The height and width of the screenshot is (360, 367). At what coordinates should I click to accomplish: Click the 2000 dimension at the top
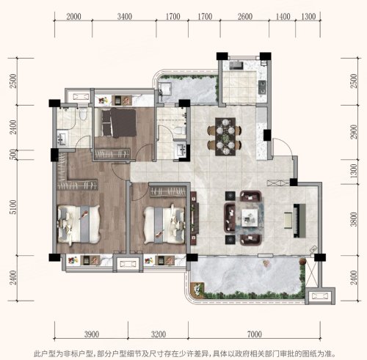(73, 17)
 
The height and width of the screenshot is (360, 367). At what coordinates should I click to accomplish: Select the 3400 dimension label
(125, 17)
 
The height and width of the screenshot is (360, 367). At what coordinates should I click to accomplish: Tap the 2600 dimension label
(245, 17)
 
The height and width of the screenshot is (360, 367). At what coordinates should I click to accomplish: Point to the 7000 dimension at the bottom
(255, 334)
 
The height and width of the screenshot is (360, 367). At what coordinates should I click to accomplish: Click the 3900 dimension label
(92, 334)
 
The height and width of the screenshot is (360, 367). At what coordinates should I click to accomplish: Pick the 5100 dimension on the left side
(13, 207)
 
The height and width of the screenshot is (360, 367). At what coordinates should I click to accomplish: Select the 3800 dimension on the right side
(354, 219)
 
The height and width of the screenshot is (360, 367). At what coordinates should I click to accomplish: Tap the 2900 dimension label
(354, 132)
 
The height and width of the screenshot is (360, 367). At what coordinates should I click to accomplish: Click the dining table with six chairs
(225, 136)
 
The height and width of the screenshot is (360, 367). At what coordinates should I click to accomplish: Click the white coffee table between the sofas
(250, 218)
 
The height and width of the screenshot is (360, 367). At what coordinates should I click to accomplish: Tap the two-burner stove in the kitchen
(262, 87)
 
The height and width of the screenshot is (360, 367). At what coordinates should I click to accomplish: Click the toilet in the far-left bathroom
(84, 113)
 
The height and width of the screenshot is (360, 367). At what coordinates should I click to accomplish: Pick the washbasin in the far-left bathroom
(62, 139)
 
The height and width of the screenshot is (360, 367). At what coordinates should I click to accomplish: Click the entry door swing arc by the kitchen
(284, 144)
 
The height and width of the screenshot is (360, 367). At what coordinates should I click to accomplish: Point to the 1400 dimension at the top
(283, 17)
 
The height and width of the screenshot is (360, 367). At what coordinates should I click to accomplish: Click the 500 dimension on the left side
(14, 154)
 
